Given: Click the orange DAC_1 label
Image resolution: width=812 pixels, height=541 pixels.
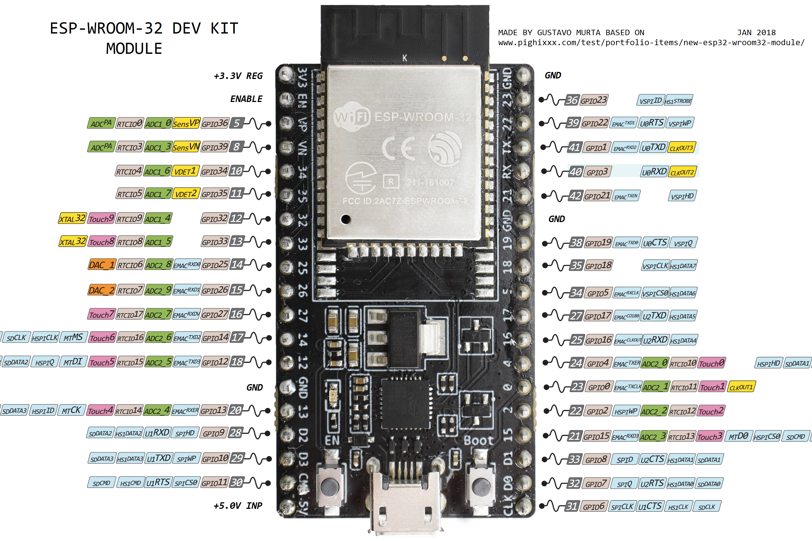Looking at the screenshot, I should (101, 265).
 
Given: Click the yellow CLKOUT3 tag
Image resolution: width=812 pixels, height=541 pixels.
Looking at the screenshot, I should (682, 148).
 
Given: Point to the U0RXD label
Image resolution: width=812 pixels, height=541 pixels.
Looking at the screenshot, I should (654, 172).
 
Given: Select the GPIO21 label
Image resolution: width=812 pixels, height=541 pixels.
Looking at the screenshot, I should (597, 196).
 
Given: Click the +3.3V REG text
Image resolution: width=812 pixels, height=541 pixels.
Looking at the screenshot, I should (238, 76).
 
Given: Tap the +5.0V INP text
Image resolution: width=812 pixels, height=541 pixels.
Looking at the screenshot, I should (238, 506).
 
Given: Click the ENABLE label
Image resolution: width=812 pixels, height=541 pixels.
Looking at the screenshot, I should (246, 99).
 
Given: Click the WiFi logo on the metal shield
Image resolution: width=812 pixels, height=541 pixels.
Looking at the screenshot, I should (351, 117).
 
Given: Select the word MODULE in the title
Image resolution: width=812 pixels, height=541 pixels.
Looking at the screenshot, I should (134, 49).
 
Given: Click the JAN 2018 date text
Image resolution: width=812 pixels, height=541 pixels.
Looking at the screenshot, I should (756, 32).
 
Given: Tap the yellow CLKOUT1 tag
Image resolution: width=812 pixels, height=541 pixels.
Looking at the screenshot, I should (741, 387).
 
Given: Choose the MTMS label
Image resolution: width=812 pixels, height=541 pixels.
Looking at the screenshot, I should (73, 337).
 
